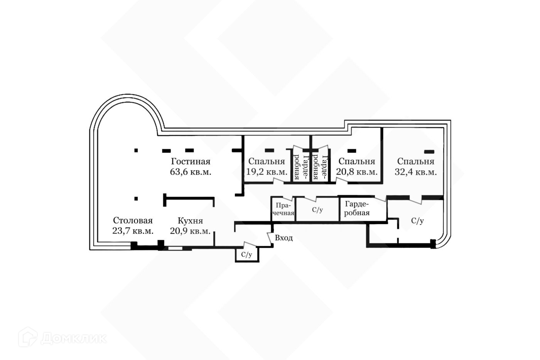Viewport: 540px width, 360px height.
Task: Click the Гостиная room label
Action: pyautogui.click(x=191, y=161)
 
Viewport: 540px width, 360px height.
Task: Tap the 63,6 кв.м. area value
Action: pyautogui.click(x=191, y=172)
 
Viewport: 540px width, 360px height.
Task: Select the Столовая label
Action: pyautogui.click(x=133, y=220)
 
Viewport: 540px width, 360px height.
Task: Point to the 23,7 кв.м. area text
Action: pyautogui.click(x=133, y=231)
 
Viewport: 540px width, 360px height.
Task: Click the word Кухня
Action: pyautogui.click(x=190, y=221)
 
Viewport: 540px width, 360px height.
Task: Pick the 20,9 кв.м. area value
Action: pyautogui.click(x=190, y=231)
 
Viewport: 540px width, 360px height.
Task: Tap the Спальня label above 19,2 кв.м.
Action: pyautogui.click(x=267, y=161)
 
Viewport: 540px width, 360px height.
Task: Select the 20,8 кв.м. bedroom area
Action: pyautogui.click(x=357, y=172)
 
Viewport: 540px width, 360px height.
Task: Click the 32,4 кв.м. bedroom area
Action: pyautogui.click(x=416, y=172)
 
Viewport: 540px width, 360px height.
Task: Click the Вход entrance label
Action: pyautogui.click(x=283, y=238)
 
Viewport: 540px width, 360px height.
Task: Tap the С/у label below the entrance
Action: pyautogui.click(x=246, y=255)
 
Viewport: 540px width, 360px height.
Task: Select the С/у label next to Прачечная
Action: pyautogui.click(x=317, y=210)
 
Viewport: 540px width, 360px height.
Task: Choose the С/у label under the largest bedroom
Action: pyautogui.click(x=417, y=221)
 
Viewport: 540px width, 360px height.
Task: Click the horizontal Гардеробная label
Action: pyautogui.click(x=357, y=208)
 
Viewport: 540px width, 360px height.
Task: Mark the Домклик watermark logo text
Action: pyautogui.click(x=73, y=338)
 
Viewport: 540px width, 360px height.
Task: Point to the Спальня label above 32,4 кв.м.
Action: pyautogui.click(x=416, y=161)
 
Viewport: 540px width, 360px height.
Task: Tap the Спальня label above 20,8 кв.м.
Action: pyautogui.click(x=357, y=161)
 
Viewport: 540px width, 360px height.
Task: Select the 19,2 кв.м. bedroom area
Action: pyautogui.click(x=267, y=172)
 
